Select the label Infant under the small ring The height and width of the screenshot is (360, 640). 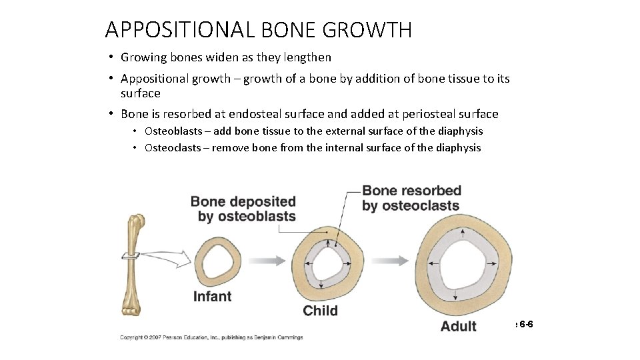(212, 297)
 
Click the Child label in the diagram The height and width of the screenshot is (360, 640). (320, 311)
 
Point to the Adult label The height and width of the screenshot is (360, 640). (459, 326)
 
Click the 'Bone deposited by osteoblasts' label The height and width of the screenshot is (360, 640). (244, 209)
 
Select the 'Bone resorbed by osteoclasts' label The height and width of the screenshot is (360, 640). (411, 198)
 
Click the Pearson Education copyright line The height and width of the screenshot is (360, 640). (211, 337)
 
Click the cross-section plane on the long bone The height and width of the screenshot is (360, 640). (130, 255)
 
